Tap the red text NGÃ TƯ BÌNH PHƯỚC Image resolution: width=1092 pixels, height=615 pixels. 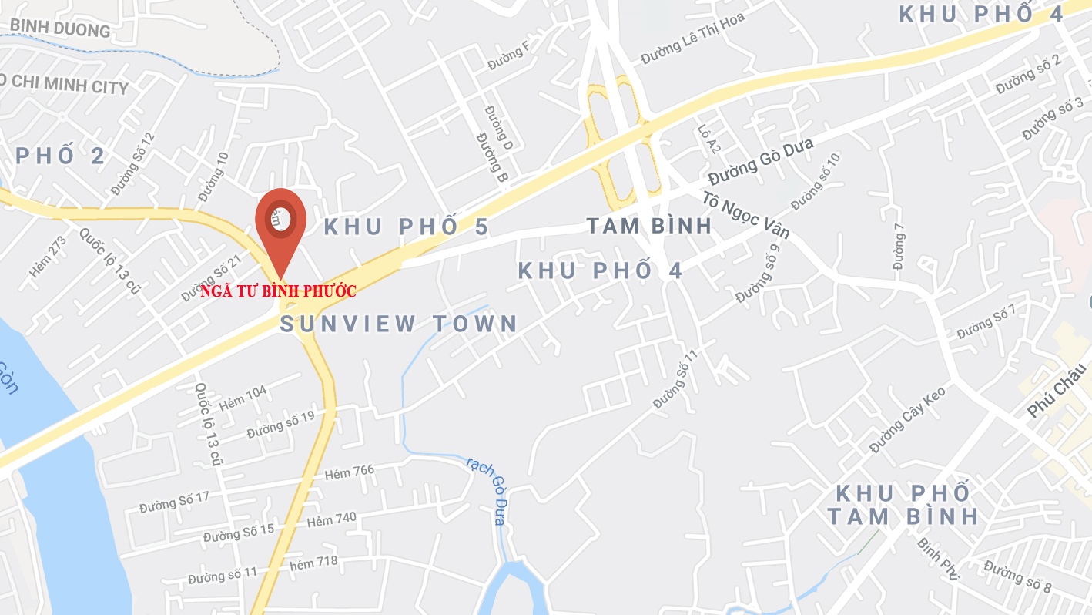pos(278,292)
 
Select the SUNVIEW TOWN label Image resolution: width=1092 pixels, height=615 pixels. pos(398,324)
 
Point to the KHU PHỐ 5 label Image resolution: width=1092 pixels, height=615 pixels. pos(406,227)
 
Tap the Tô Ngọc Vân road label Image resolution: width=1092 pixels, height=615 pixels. pos(745,214)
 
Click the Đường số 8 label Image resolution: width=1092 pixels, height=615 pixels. pos(1017,577)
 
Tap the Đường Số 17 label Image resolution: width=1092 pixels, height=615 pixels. pos(174,502)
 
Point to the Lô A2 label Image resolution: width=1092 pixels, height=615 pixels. pos(708,139)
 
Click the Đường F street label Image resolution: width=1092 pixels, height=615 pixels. pos(510,55)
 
